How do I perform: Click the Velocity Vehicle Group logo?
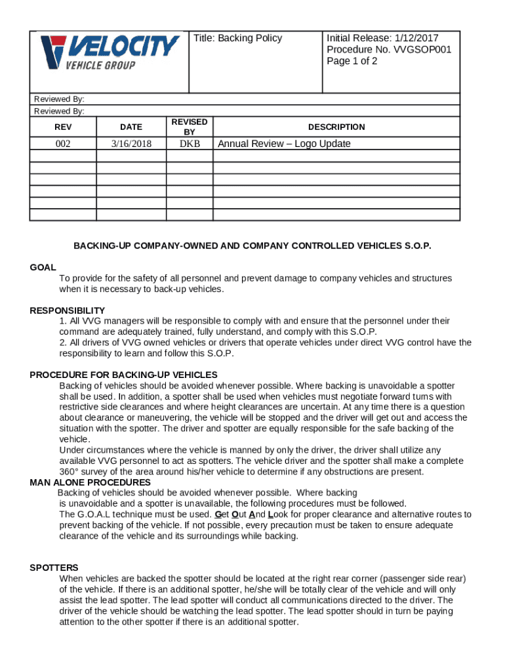pyautogui.click(x=110, y=52)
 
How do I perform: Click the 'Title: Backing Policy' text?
pyautogui.click(x=237, y=38)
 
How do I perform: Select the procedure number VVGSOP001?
pyautogui.click(x=421, y=49)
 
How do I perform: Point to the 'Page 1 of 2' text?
pyautogui.click(x=352, y=61)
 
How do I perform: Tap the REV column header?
pyautogui.click(x=63, y=127)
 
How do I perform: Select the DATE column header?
pyautogui.click(x=131, y=127)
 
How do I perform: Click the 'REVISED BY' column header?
pyautogui.click(x=189, y=127)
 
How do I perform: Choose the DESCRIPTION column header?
pyautogui.click(x=336, y=127)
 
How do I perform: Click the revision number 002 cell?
pyautogui.click(x=63, y=144)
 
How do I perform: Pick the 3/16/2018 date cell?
pyautogui.click(x=131, y=144)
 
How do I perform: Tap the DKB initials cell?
pyautogui.click(x=189, y=144)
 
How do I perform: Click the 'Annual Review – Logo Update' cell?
pyautogui.click(x=284, y=144)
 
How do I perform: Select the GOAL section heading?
pyautogui.click(x=43, y=267)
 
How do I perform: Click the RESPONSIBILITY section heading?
pyautogui.click(x=68, y=310)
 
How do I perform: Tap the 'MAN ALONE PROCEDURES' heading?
pyautogui.click(x=91, y=482)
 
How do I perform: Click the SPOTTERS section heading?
pyautogui.click(x=54, y=568)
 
